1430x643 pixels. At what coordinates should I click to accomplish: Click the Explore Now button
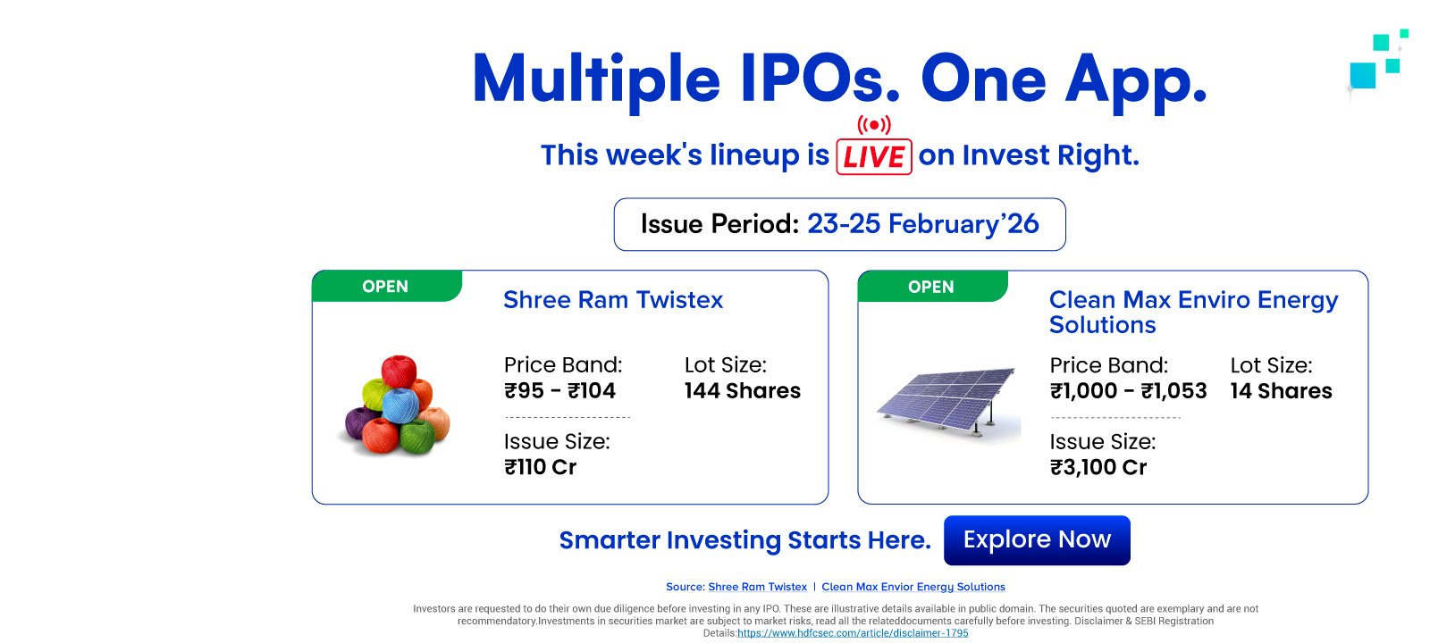[1037, 539]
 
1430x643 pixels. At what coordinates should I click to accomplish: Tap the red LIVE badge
[874, 156]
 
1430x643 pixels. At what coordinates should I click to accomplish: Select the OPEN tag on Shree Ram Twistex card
[386, 286]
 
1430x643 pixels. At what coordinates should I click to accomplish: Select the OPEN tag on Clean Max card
[932, 287]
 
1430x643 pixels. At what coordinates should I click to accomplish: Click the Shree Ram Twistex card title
[613, 300]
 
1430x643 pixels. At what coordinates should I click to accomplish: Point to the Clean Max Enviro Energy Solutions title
[1193, 312]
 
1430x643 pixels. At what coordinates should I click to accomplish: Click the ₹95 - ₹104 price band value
[559, 390]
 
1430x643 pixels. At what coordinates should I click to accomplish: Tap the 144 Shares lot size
[743, 390]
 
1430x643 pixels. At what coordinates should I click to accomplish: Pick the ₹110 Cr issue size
[540, 467]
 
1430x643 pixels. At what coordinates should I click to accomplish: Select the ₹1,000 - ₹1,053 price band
[1128, 390]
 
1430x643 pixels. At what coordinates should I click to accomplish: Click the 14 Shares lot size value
[1282, 390]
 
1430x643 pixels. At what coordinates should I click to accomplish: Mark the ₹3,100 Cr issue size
[1098, 467]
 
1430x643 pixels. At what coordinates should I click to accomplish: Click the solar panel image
[948, 402]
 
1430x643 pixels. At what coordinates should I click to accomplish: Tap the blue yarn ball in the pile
[400, 405]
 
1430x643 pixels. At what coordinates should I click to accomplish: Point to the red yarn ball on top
[399, 372]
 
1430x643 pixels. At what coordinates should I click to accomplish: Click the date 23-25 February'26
[923, 224]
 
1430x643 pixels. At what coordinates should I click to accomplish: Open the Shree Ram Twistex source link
[757, 587]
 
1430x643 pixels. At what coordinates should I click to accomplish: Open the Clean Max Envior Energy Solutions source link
[913, 587]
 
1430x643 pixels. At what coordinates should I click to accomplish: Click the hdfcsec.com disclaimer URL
[853, 633]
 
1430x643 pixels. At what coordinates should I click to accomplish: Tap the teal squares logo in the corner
[1377, 61]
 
